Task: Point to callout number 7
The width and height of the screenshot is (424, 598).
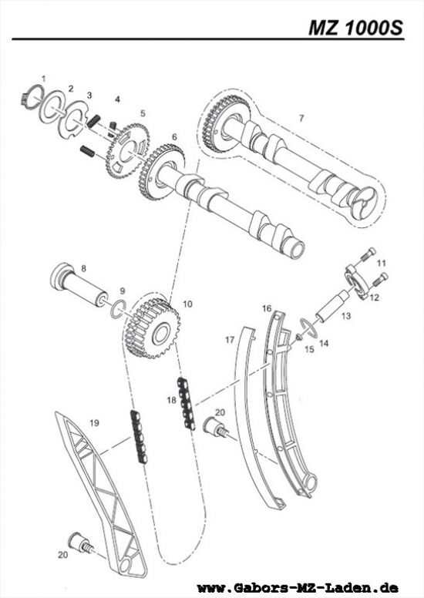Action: [301, 119]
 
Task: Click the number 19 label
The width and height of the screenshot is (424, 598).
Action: [94, 422]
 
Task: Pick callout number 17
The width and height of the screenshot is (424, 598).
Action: [229, 338]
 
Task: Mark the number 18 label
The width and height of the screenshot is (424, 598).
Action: [171, 399]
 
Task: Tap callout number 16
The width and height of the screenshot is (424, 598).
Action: [266, 308]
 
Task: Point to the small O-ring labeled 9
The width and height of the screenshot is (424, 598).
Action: [116, 310]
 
